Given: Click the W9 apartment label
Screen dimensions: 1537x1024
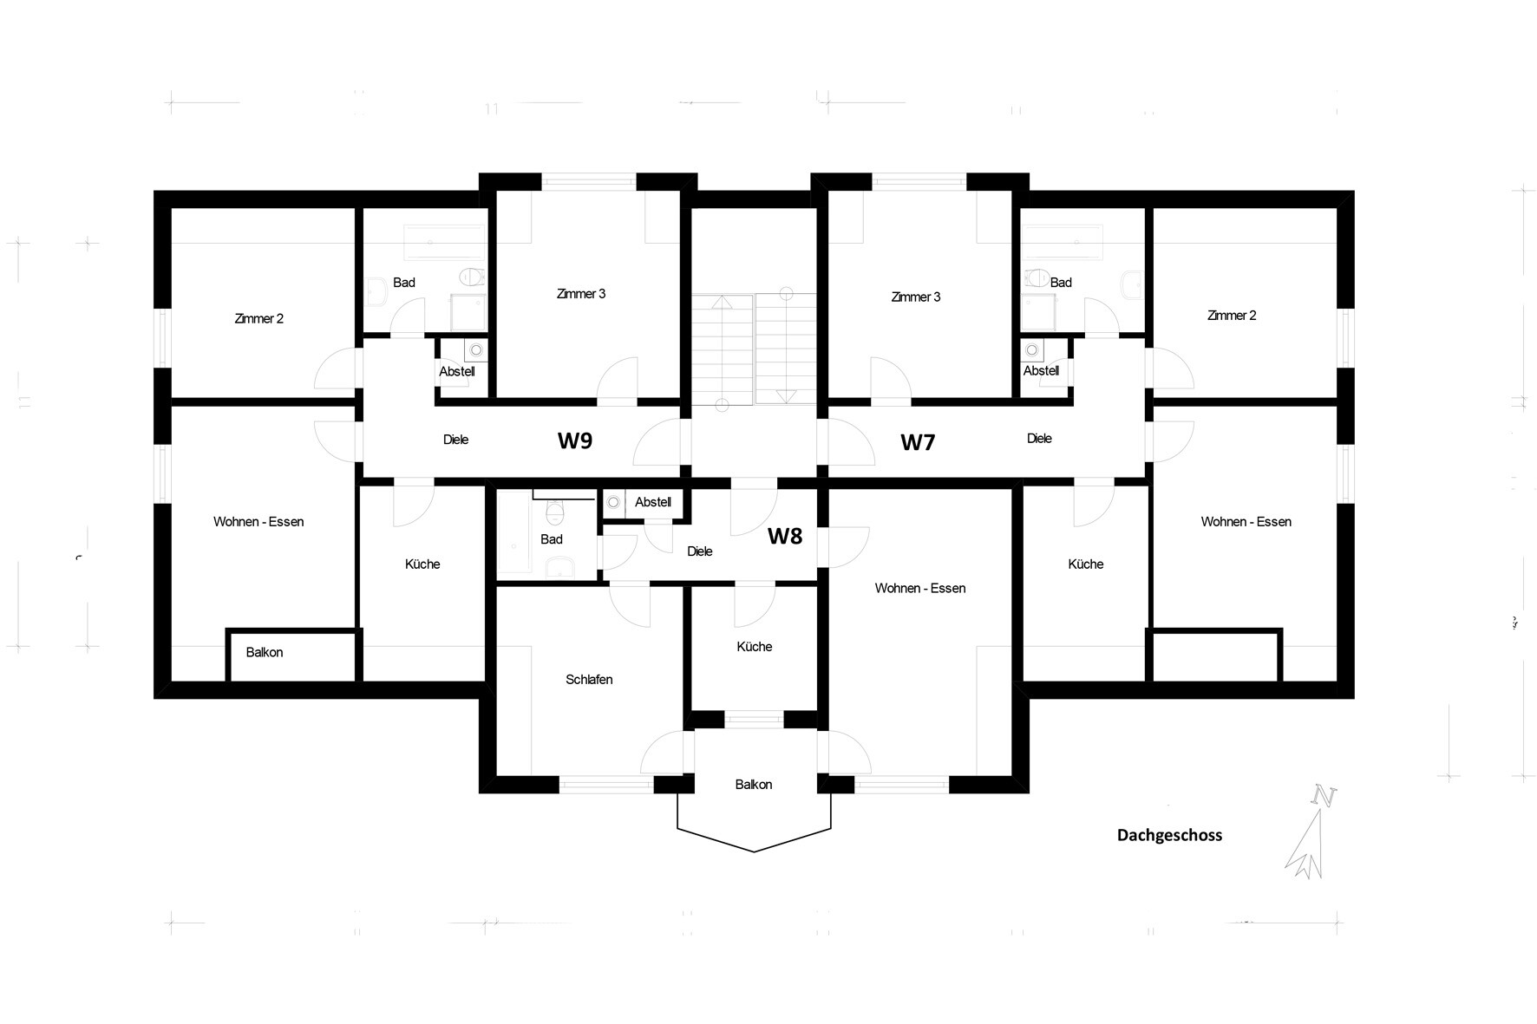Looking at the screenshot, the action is pyautogui.click(x=575, y=440).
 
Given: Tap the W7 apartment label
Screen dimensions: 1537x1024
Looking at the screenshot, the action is pyautogui.click(x=918, y=442).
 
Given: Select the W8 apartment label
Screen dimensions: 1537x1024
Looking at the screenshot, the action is pyautogui.click(x=785, y=537).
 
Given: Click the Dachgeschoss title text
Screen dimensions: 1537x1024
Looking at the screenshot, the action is pyautogui.click(x=1169, y=835).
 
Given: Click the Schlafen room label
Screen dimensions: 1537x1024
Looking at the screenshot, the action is pyautogui.click(x=589, y=680).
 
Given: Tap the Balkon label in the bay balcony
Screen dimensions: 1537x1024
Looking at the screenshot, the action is pyautogui.click(x=754, y=785).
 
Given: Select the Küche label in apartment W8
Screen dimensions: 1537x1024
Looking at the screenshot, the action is pyautogui.click(x=755, y=647).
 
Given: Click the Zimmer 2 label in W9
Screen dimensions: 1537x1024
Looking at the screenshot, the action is pyautogui.click(x=259, y=319).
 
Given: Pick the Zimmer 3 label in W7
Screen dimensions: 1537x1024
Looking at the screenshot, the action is pyautogui.click(x=916, y=297).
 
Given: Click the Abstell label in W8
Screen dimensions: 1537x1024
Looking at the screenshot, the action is pyautogui.click(x=653, y=502).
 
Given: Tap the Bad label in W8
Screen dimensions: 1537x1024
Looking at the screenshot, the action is pyautogui.click(x=552, y=539).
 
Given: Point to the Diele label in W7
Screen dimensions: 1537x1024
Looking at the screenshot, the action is pyautogui.click(x=1039, y=439).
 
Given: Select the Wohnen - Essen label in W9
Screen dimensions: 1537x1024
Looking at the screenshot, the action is pyautogui.click(x=258, y=522).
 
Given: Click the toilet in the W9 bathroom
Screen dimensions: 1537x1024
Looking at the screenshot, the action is pyautogui.click(x=471, y=277).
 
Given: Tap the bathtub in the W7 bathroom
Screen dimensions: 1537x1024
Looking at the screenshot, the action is pyautogui.click(x=1062, y=238).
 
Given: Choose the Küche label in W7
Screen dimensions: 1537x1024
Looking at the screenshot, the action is pyautogui.click(x=1086, y=564).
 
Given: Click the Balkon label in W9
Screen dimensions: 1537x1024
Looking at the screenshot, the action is pyautogui.click(x=265, y=653).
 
